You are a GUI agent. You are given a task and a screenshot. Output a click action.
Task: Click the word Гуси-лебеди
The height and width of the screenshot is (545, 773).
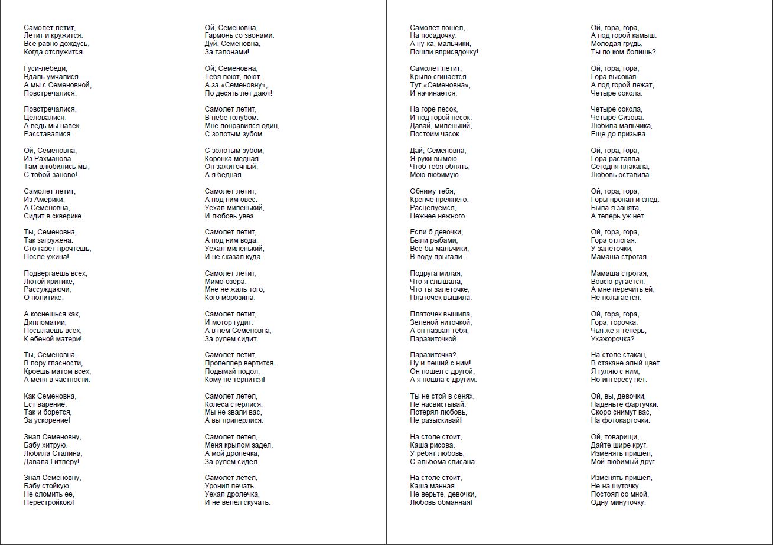click(x=45, y=68)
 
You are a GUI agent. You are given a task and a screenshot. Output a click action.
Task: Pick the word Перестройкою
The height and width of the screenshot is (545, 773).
click(x=49, y=502)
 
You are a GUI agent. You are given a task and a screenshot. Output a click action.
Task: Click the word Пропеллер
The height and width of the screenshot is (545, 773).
click(x=222, y=363)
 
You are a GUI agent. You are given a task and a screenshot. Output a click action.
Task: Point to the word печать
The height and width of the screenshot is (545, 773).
click(x=242, y=486)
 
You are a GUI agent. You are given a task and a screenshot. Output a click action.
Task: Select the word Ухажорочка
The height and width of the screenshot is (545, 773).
click(x=612, y=339)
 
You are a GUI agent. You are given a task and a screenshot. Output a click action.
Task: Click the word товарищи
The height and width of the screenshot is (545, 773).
click(x=624, y=437)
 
